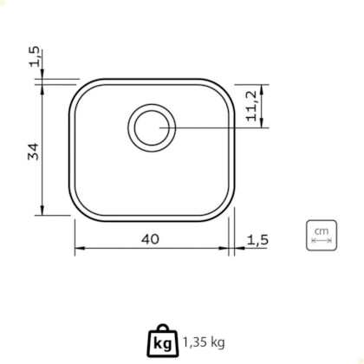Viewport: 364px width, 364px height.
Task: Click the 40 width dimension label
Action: [150, 239]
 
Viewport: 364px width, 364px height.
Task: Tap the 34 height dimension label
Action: [33, 152]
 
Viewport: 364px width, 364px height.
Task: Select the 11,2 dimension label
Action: [251, 106]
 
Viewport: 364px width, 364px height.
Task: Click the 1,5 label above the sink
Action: [34, 56]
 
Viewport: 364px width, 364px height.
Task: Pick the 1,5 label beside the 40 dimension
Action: [257, 240]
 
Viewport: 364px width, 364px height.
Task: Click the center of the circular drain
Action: [152, 127]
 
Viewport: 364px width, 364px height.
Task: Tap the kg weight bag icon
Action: [163, 341]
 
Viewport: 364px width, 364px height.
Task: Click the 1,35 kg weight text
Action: [204, 342]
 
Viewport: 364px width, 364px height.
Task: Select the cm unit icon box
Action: [322, 235]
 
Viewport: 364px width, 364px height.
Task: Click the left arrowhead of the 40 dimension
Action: [80, 248]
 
